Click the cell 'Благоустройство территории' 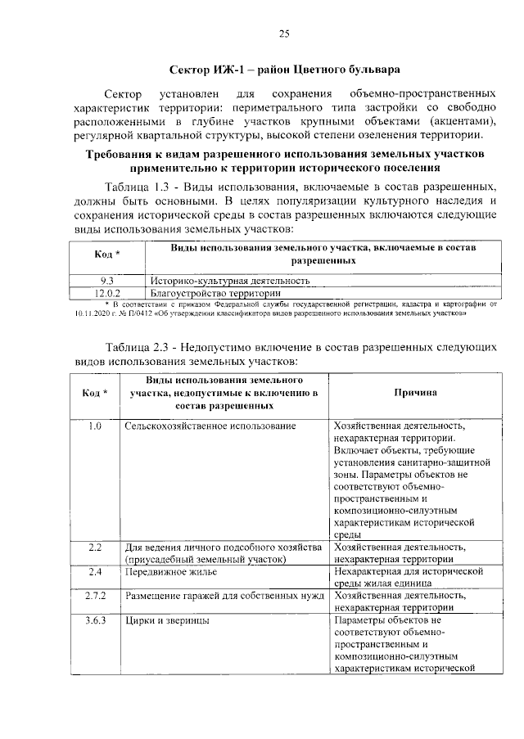215,292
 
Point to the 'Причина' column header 415,393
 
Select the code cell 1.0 94,426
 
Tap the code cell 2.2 94,547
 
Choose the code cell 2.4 94,572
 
